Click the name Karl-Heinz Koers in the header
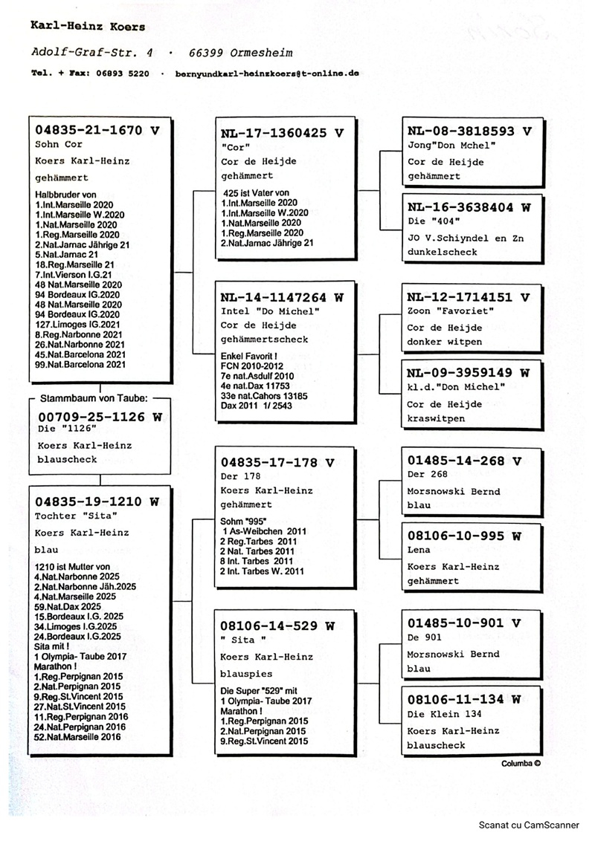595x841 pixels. (x=88, y=27)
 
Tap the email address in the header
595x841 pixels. (x=268, y=74)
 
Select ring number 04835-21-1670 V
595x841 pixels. (x=97, y=129)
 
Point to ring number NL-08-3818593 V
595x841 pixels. (x=469, y=131)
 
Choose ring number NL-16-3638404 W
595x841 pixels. (x=469, y=208)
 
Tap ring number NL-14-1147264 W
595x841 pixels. (x=283, y=296)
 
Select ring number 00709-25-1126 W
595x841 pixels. (x=100, y=417)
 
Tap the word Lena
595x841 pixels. (x=419, y=551)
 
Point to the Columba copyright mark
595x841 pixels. (x=520, y=763)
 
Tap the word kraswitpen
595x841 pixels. (x=435, y=418)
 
